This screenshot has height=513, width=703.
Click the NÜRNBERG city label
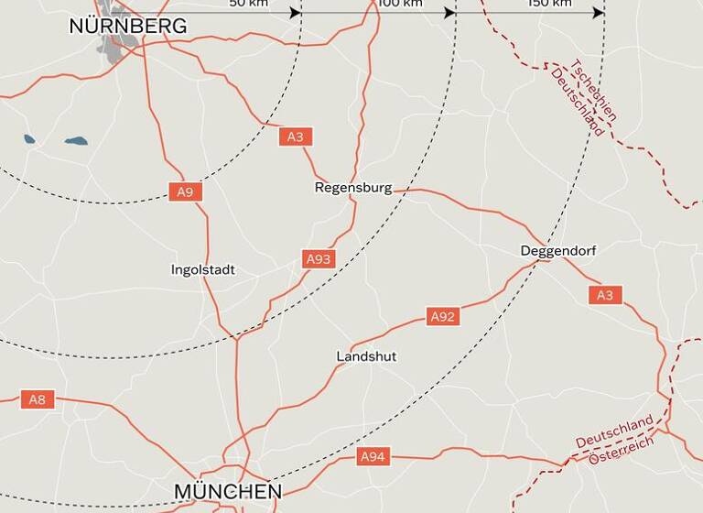[x=127, y=27]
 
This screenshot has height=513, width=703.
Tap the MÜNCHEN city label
[x=228, y=492]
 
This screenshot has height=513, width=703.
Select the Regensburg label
[x=352, y=188]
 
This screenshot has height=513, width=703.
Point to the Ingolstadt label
[x=203, y=270]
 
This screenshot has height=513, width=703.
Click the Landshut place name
[x=366, y=356]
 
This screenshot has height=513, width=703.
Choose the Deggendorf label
[x=557, y=251]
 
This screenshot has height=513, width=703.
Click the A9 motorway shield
[x=185, y=191]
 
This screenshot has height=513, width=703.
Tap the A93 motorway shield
[x=318, y=259]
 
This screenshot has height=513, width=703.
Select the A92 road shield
[x=443, y=317]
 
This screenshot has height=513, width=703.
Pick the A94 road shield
[x=373, y=456]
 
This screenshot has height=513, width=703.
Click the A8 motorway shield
[x=37, y=399]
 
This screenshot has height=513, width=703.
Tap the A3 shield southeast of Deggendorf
[x=604, y=295]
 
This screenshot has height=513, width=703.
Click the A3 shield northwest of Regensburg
[x=295, y=136]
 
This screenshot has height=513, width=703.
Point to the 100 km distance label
[x=400, y=4]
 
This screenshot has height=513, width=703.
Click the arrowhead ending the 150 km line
[x=599, y=12]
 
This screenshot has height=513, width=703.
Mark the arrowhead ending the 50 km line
[x=296, y=12]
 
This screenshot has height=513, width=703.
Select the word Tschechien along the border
[x=594, y=91]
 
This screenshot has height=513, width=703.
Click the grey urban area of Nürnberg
[x=116, y=46]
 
